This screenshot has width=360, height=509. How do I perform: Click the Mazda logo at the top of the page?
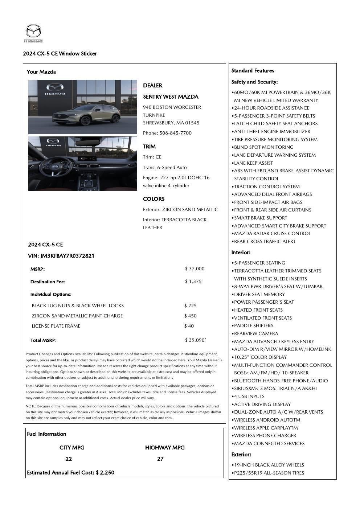[33, 33]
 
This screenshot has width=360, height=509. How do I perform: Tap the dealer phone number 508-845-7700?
[176, 133]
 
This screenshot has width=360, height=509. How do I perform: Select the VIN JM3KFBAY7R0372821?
[67, 256]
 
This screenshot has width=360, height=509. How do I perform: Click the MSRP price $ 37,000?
[195, 269]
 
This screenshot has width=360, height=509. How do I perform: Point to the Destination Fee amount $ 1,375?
[193, 282]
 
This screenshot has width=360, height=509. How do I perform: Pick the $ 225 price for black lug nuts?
[191, 306]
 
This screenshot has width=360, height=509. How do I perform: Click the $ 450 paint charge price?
[191, 316]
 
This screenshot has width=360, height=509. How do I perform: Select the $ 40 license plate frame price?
[189, 326]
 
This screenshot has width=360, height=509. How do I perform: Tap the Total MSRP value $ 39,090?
[195, 340]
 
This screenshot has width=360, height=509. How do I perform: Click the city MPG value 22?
[69, 459]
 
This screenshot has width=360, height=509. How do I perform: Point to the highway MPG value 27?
[160, 459]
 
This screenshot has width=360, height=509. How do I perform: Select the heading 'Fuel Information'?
[46, 434]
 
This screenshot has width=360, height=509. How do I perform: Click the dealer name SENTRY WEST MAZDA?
[171, 97]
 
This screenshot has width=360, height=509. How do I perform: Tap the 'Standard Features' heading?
[253, 71]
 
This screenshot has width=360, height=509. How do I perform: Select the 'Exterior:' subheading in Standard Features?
[241, 455]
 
